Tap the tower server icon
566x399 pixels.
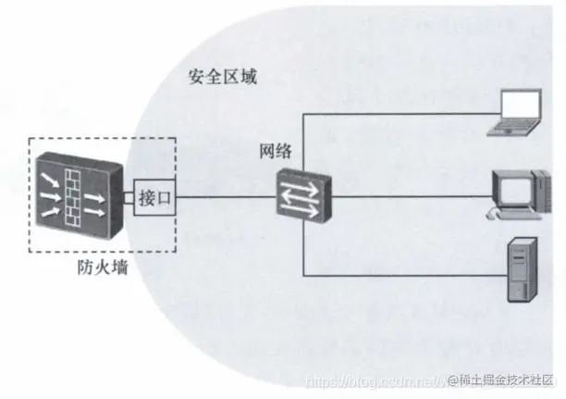523,270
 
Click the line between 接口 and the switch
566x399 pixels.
227,197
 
